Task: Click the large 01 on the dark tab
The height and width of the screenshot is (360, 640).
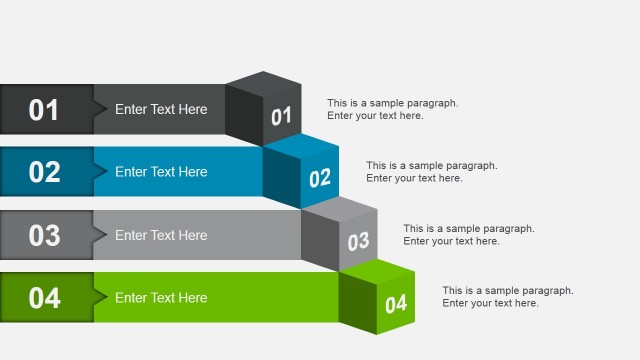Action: (x=44, y=109)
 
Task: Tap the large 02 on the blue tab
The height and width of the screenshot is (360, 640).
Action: (x=44, y=172)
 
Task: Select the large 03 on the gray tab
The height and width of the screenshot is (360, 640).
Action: (x=44, y=235)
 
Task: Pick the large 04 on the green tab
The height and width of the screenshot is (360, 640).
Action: (x=44, y=298)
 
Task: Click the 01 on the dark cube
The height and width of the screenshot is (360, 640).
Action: (x=281, y=117)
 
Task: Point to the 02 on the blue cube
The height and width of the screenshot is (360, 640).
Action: (x=320, y=179)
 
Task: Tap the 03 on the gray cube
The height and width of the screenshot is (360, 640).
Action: (x=358, y=241)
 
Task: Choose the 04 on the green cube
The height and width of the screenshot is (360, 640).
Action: (x=396, y=304)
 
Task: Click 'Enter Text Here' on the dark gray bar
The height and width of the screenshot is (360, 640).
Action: (x=161, y=109)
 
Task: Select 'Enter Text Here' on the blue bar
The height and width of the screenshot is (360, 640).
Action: (x=161, y=172)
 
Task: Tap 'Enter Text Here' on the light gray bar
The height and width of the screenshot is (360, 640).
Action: (x=161, y=235)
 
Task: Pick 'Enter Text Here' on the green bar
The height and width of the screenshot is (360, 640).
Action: (x=161, y=298)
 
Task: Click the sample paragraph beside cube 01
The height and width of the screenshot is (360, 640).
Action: (x=392, y=109)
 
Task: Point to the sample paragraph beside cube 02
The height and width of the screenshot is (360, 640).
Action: (x=431, y=172)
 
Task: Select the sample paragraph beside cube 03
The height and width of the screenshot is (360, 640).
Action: (x=469, y=235)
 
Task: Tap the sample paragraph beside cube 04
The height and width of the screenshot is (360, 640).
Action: (x=508, y=297)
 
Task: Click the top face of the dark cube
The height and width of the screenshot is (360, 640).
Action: (x=263, y=83)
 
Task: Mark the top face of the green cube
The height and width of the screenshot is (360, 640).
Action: (x=377, y=270)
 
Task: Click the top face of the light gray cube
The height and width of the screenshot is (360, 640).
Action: (x=340, y=208)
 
